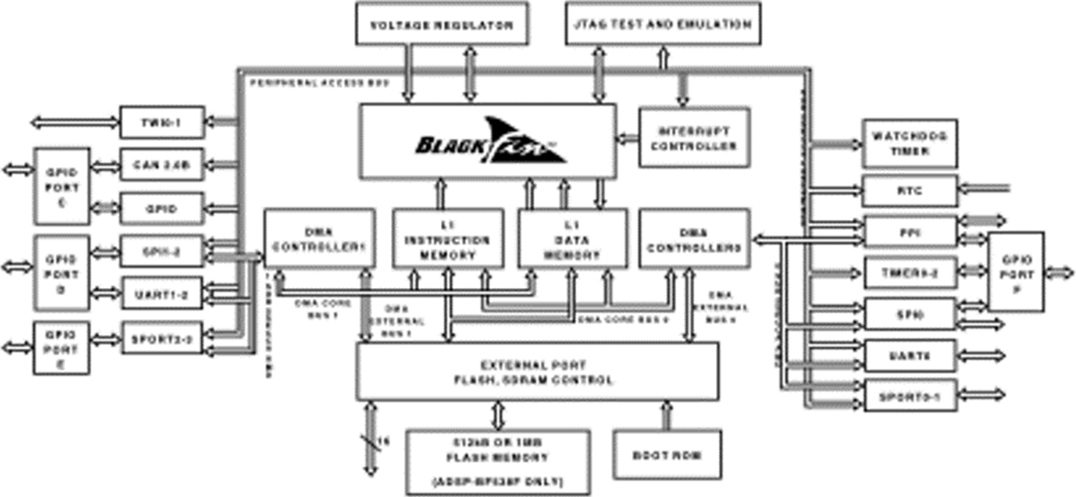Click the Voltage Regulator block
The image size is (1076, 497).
pyautogui.click(x=441, y=24)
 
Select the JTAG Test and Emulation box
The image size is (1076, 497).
pyautogui.click(x=662, y=24)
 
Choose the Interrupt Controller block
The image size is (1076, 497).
pyautogui.click(x=693, y=137)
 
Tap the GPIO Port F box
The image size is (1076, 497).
pyautogui.click(x=1015, y=271)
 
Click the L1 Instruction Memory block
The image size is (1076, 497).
pyautogui.click(x=448, y=238)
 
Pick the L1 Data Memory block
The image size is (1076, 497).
pyautogui.click(x=572, y=238)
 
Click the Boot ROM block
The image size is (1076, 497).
pyautogui.click(x=667, y=454)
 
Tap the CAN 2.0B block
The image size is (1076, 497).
pyautogui.click(x=162, y=166)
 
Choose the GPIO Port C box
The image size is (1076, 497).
pyautogui.click(x=63, y=187)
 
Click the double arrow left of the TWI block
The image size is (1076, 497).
pyautogui.click(x=75, y=121)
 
